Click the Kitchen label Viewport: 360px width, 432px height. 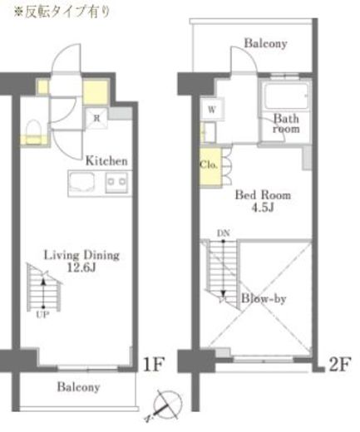coord(106,160)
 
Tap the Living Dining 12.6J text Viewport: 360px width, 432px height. coord(81,261)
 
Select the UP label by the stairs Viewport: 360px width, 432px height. coord(43,315)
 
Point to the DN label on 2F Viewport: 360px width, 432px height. coord(224,233)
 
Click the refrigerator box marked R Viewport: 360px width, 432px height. coord(96,118)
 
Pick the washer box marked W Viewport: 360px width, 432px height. coord(212,109)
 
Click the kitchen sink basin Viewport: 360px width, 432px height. coord(81,183)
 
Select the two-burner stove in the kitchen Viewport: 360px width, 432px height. coord(116,182)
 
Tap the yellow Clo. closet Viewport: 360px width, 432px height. coord(210,168)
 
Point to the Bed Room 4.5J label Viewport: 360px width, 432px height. coord(263,200)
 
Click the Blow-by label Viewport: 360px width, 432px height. coord(264,298)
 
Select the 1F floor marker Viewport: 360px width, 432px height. coord(154,364)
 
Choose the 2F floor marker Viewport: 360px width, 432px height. coord(340,364)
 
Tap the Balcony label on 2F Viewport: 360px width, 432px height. coord(265,43)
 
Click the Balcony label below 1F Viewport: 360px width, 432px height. coord(78,387)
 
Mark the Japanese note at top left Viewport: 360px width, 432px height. coord(62,12)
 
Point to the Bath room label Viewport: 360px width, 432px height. coord(286,124)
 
